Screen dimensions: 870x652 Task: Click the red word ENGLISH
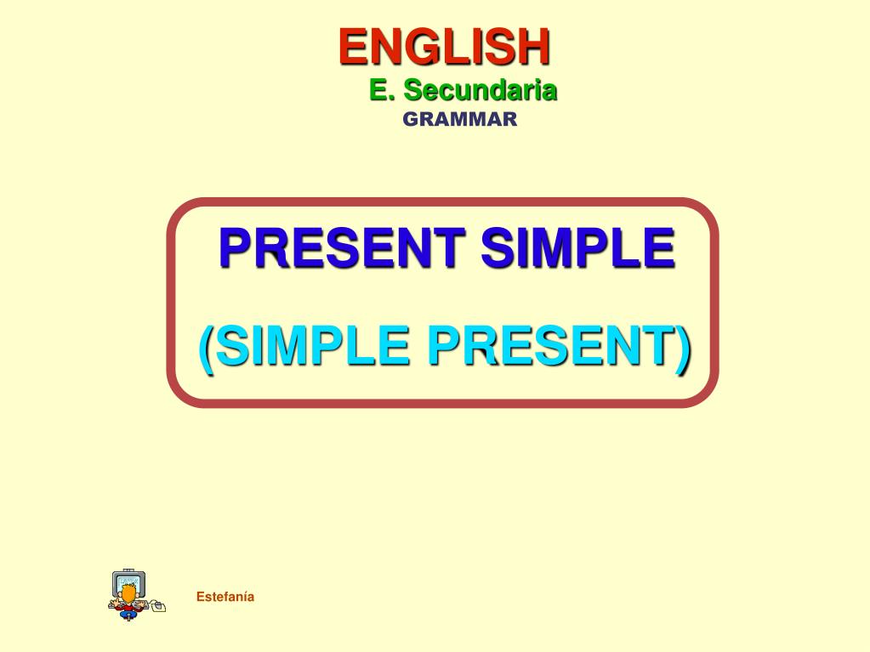pyautogui.click(x=445, y=47)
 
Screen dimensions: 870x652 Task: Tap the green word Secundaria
pyautogui.click(x=480, y=90)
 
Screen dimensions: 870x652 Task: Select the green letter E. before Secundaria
pyautogui.click(x=382, y=90)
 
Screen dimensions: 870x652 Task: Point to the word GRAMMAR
pyautogui.click(x=460, y=119)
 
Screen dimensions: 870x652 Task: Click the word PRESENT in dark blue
pyautogui.click(x=342, y=247)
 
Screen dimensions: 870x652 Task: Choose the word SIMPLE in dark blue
pyautogui.click(x=577, y=247)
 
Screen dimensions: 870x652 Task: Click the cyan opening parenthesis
pyautogui.click(x=207, y=349)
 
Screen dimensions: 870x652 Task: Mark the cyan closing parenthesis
pyautogui.click(x=683, y=349)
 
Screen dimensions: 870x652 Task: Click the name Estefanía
pyautogui.click(x=225, y=597)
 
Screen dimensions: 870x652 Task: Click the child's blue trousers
pyautogui.click(x=128, y=614)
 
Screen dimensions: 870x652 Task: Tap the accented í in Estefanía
pyautogui.click(x=246, y=597)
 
